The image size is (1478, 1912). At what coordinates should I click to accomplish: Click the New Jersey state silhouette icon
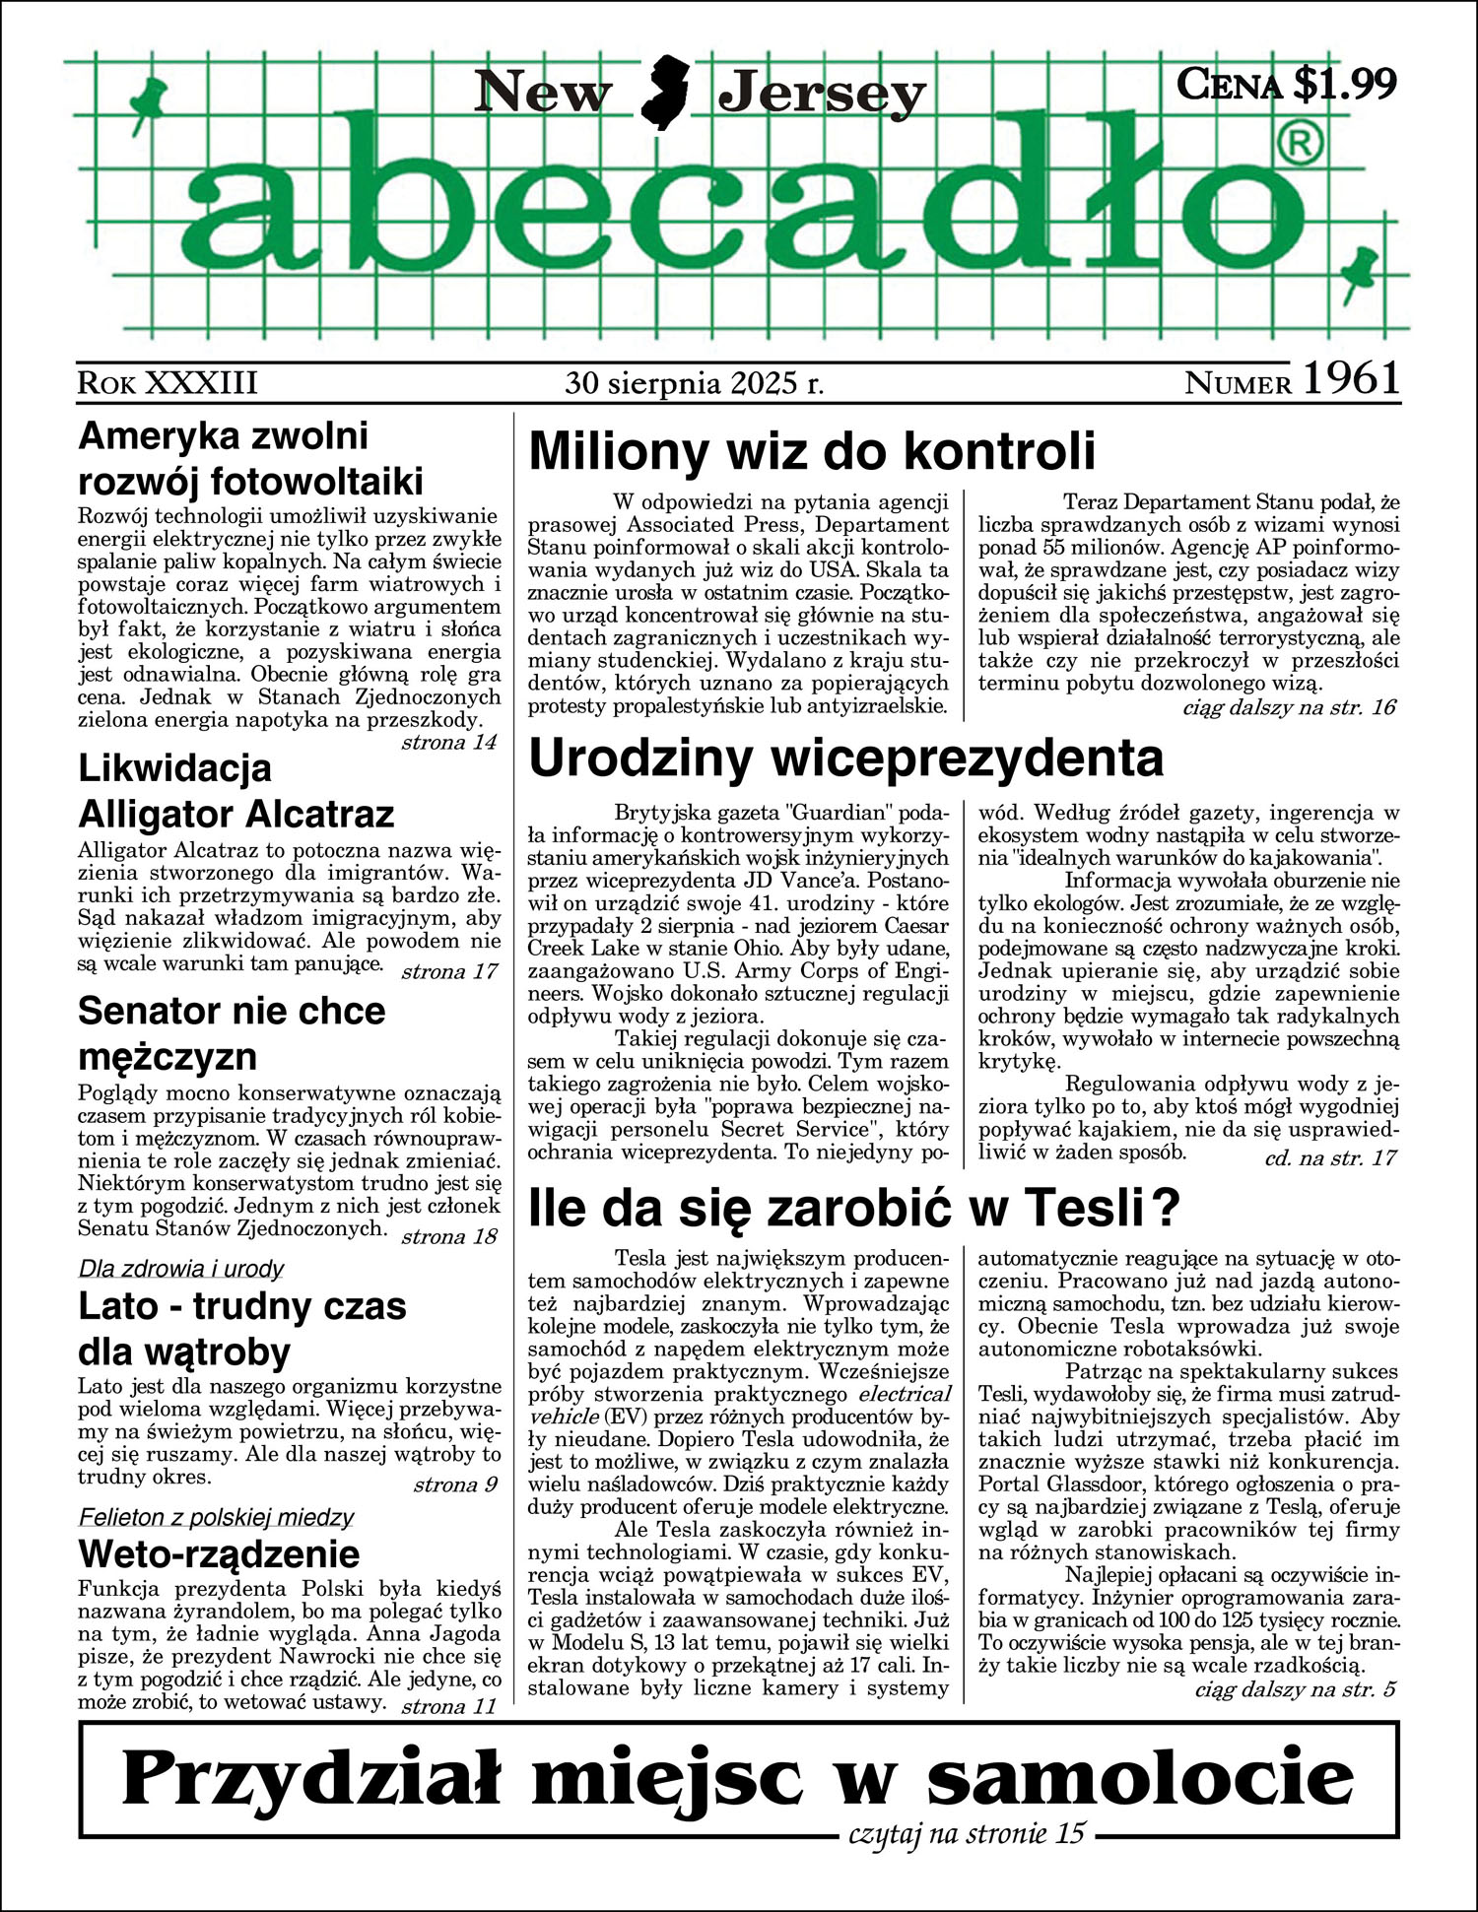pos(665,94)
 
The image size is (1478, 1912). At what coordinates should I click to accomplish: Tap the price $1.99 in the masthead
pos(1344,84)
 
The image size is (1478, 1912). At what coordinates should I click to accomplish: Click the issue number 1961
pos(1351,379)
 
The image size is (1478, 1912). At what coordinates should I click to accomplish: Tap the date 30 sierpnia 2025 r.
pos(694,382)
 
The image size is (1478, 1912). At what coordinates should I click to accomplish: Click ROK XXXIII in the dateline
pos(168,382)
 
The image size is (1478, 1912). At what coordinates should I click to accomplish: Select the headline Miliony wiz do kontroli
pos(812,452)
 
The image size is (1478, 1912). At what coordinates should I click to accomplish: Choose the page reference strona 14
pos(448,743)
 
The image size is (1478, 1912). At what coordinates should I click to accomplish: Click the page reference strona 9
pos(454,1484)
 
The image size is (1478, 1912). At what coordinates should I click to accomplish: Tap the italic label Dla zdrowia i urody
pos(181,1269)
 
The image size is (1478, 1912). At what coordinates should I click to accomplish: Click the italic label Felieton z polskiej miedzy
pos(216,1517)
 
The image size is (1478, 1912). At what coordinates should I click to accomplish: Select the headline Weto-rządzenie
pos(219,1554)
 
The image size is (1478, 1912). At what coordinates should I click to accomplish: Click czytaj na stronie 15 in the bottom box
pos(965,1833)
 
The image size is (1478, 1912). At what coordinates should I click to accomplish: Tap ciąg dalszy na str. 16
pos(1288,707)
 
